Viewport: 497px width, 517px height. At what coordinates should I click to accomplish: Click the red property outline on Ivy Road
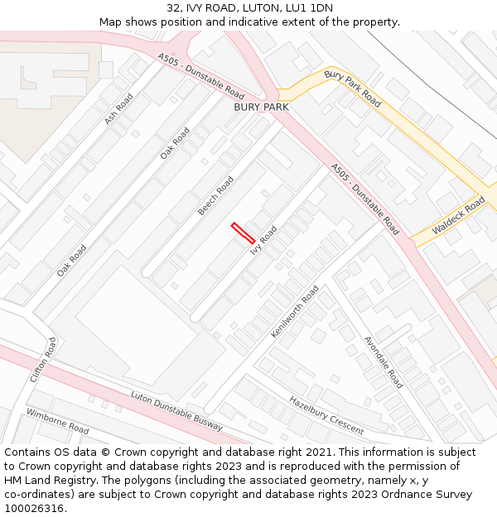[x=243, y=232]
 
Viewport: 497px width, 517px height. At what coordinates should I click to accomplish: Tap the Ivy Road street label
[x=263, y=240]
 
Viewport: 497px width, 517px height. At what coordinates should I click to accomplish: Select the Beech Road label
[x=215, y=196]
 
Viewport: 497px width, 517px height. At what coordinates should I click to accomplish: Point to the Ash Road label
[x=118, y=109]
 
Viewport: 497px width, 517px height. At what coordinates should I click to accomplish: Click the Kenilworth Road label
[x=295, y=311]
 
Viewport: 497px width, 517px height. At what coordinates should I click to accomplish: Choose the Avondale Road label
[x=384, y=362]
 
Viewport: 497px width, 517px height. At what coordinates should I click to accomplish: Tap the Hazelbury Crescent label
[x=326, y=415]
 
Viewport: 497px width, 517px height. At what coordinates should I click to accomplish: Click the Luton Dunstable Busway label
[x=176, y=410]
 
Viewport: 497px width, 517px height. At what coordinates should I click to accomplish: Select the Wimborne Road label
[x=57, y=421]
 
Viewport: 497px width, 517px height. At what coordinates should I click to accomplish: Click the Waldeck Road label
[x=458, y=216]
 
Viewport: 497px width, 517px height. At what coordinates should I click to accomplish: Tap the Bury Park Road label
[x=353, y=89]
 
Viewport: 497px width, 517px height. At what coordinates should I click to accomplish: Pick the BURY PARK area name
[x=261, y=107]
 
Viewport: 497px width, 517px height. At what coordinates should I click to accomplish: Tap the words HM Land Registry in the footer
[x=46, y=480]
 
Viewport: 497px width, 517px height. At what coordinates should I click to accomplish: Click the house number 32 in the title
[x=173, y=8]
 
